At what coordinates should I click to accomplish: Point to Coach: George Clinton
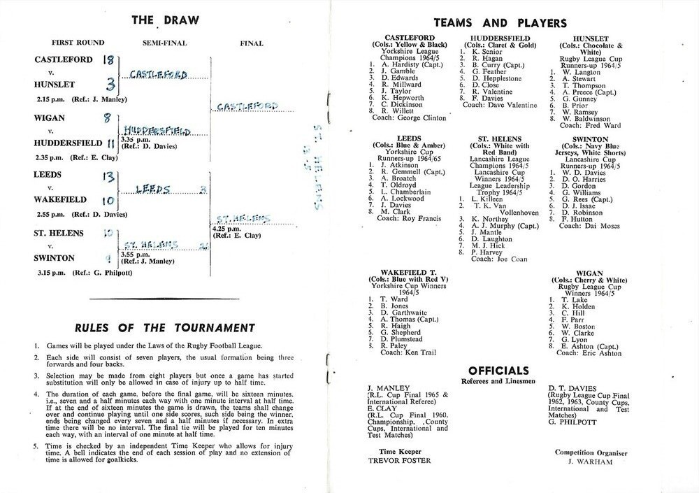tap(410, 117)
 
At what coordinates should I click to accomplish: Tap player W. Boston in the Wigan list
tap(577, 327)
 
